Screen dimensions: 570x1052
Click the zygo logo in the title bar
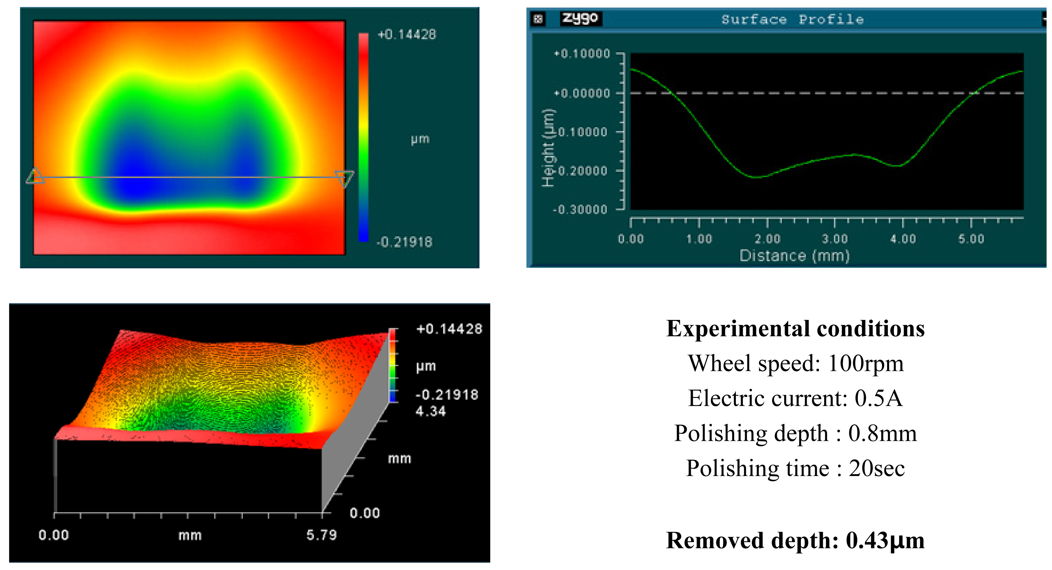click(x=580, y=18)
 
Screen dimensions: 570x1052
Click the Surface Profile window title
click(x=792, y=19)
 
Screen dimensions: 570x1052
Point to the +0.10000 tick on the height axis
click(x=582, y=53)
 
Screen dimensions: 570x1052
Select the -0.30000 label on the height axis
click(x=580, y=209)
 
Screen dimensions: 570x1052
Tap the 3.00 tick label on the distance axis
click(x=834, y=239)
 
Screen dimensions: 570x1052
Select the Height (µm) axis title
click(x=548, y=148)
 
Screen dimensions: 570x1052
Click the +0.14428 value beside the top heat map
click(x=407, y=35)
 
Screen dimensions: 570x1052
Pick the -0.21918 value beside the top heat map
click(x=404, y=242)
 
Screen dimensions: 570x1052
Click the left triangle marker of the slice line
click(x=35, y=176)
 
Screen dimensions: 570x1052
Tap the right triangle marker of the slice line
click(x=345, y=178)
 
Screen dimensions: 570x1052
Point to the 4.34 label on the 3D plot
click(x=430, y=411)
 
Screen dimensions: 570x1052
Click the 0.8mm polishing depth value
click(x=882, y=433)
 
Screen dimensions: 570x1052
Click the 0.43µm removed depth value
click(x=885, y=541)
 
